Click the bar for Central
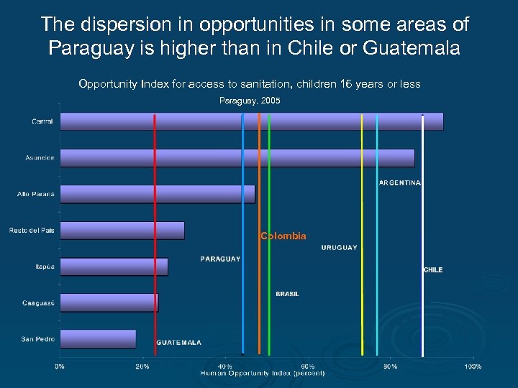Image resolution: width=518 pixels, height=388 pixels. [251, 121]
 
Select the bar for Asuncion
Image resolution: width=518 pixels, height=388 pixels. [237, 158]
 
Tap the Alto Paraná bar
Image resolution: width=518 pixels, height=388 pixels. [157, 194]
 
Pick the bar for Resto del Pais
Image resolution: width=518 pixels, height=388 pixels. [122, 230]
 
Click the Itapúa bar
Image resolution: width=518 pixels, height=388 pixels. [114, 267]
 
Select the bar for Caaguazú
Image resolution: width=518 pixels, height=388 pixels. [109, 302]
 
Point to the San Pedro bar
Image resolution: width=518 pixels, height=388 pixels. [98, 338]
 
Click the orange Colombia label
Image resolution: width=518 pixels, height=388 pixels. [283, 236]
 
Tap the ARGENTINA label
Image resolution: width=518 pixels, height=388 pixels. [399, 183]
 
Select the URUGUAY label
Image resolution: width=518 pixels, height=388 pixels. [339, 248]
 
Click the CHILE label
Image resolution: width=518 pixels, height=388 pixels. [433, 270]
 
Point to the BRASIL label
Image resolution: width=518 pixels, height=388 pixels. [287, 294]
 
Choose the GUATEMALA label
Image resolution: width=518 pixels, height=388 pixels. [179, 343]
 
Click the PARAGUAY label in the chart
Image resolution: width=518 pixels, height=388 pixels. [220, 259]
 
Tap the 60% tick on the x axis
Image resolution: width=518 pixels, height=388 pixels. [307, 366]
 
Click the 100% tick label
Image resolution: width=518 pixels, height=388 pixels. [473, 366]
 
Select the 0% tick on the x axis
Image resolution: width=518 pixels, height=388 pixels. [60, 366]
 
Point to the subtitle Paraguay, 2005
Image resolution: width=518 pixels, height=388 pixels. [250, 101]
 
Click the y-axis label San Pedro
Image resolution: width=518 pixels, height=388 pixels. [38, 338]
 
